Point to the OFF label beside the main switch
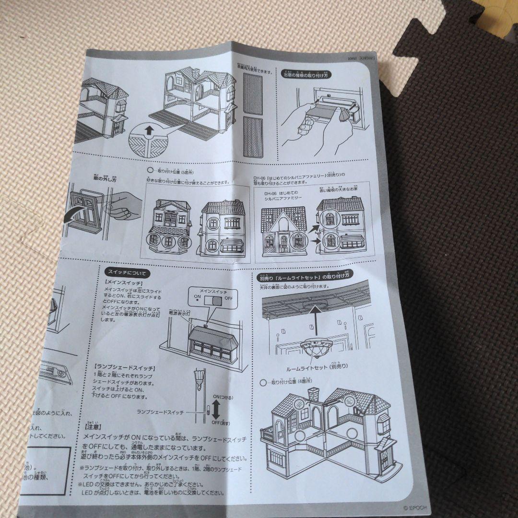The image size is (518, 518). tap(228, 298)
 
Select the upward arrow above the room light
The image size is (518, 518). tap(314, 319)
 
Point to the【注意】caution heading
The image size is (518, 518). tap(93, 425)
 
